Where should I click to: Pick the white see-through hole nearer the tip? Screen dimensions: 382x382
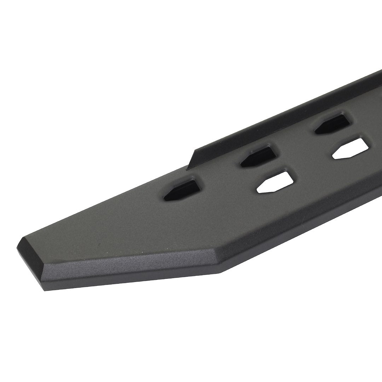point(274,183)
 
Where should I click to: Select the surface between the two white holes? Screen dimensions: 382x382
point(311,170)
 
